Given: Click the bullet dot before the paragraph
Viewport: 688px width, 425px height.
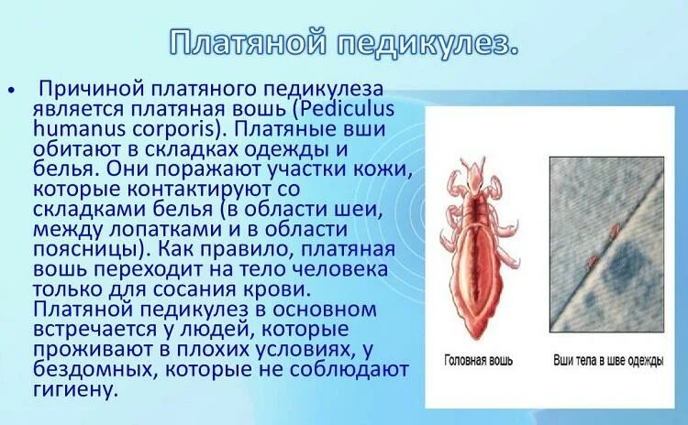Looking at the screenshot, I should pos(11,91).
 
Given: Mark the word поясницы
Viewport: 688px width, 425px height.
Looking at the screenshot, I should pos(78,247).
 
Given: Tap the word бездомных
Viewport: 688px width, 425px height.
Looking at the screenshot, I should pos(83,368).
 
